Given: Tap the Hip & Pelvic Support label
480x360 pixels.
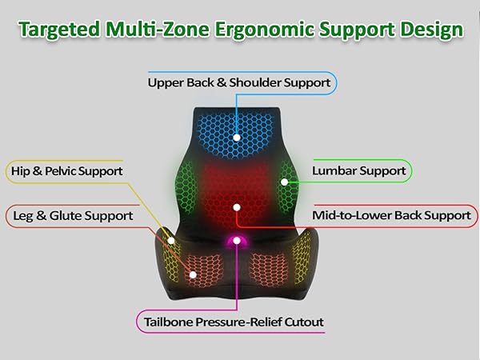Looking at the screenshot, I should tap(66, 171).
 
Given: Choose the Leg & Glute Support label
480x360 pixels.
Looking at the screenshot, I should tap(70, 215).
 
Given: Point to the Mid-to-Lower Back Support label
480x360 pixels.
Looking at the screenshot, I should tap(391, 215).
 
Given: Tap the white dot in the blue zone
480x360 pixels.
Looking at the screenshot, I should tap(238, 137).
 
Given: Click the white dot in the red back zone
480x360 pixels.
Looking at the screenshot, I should tap(237, 207).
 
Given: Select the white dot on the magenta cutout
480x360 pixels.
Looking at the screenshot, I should tap(237, 242).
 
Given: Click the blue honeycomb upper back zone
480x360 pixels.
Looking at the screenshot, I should tap(238, 124).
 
